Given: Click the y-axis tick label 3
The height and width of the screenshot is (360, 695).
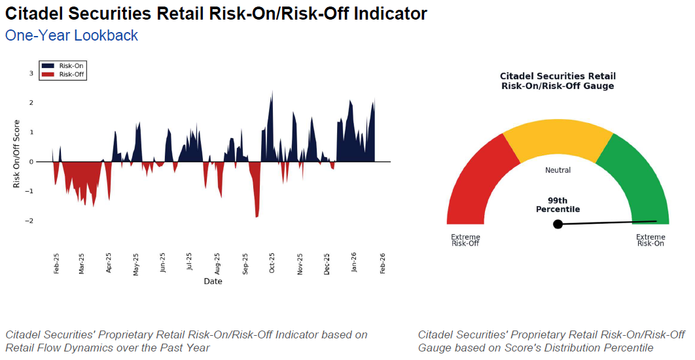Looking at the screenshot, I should click(31, 73).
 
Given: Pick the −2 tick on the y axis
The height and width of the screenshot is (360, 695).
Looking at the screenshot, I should click(29, 221).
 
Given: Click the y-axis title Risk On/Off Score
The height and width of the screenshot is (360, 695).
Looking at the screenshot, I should click(17, 154).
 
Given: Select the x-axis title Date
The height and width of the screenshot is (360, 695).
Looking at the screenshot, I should click(213, 281).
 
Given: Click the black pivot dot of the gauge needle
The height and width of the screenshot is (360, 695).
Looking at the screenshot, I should click(558, 224).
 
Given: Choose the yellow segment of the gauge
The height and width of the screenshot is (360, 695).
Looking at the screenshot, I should click(558, 137).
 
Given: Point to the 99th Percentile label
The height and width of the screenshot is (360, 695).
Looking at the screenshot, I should click(558, 205).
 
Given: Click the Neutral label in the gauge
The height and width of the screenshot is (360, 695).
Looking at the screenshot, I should click(558, 170).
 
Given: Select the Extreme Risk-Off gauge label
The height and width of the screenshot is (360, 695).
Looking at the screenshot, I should click(465, 240).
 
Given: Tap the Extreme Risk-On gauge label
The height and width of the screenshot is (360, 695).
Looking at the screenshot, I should click(650, 240).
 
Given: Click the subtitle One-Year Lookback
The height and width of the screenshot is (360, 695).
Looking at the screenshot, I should click(71, 35).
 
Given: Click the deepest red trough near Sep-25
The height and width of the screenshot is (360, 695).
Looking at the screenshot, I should click(257, 217).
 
